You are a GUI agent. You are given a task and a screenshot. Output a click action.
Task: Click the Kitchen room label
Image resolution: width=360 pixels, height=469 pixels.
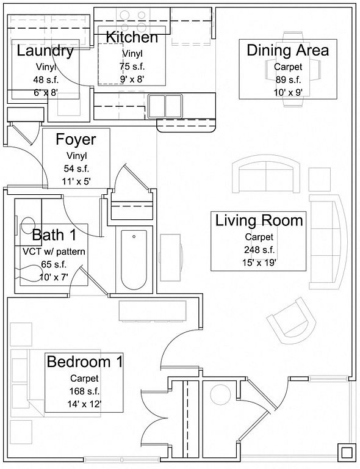[132, 37]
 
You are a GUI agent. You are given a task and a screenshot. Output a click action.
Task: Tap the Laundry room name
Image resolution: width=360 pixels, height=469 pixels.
[45, 51]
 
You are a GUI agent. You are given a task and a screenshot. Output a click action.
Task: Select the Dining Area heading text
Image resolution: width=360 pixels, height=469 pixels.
[288, 50]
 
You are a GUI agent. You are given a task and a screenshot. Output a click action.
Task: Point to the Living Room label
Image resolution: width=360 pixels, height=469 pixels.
[259, 220]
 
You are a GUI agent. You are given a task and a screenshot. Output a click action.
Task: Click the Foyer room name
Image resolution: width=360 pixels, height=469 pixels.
[76, 140]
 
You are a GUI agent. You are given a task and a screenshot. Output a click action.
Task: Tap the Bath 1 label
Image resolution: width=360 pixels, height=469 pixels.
[54, 234]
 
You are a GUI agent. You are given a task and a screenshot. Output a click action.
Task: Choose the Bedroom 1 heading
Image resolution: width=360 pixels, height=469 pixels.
[85, 362]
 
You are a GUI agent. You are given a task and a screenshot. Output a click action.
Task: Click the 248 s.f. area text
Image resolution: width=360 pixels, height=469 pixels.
[259, 250]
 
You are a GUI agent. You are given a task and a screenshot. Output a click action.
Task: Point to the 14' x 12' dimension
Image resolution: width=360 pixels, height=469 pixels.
[84, 404]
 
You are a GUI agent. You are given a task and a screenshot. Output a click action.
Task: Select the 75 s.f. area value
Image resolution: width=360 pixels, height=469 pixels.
[132, 67]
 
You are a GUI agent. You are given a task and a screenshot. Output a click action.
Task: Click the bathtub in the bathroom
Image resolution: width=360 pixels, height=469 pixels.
[134, 260]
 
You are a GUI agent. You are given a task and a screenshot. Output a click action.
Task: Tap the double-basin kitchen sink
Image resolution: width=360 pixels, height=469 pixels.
[165, 106]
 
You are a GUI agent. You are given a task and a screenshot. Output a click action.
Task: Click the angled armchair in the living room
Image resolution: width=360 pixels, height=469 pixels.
[291, 321]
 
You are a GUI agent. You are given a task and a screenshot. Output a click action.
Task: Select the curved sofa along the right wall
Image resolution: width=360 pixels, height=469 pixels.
[328, 242]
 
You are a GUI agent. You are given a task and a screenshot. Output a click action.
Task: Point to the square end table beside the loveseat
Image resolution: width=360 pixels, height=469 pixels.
[319, 180]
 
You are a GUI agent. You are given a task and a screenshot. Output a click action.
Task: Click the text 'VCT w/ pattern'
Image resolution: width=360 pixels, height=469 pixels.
[54, 252]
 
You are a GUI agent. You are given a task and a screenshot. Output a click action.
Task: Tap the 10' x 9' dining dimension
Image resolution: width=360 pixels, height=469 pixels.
[288, 93]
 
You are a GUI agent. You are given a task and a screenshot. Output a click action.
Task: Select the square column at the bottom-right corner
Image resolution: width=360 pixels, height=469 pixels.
[347, 453]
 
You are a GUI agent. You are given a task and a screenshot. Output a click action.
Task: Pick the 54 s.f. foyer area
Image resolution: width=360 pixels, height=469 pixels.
[76, 169]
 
